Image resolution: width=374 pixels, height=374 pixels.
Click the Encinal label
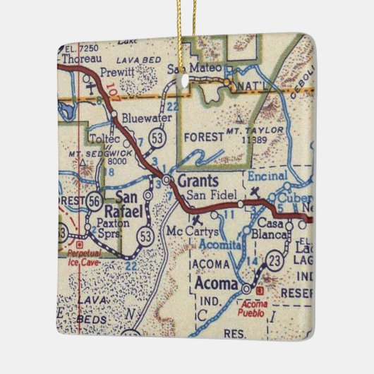[x=267, y=175]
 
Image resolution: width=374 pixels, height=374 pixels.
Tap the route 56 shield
[x=95, y=201]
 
